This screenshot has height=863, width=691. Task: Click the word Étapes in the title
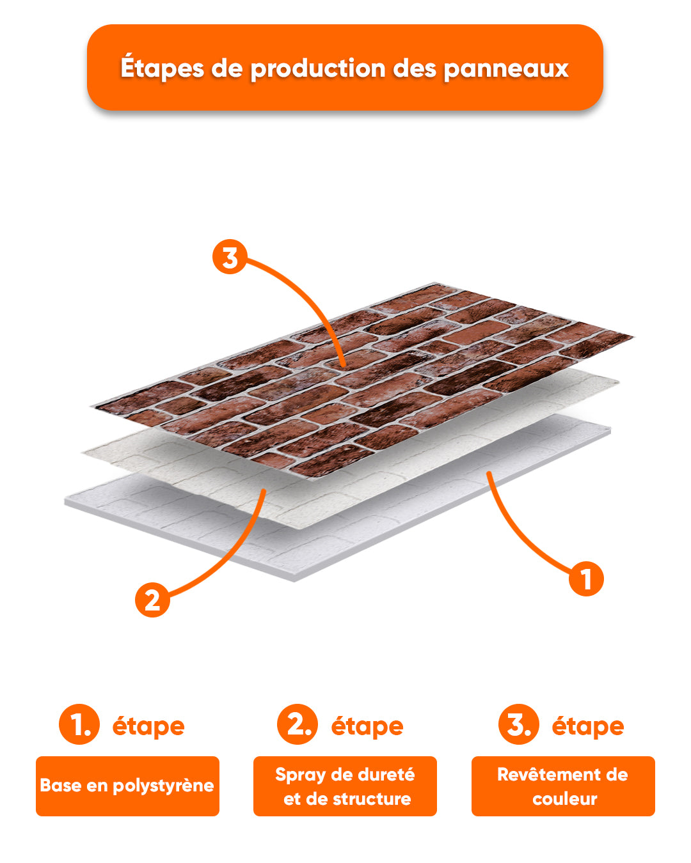[x=162, y=68]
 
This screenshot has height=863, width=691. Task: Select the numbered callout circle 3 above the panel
[x=230, y=256]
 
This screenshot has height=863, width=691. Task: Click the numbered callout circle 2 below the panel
[x=152, y=600]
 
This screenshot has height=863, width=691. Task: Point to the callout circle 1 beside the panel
[x=586, y=579]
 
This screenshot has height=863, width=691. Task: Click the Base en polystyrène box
[x=128, y=786]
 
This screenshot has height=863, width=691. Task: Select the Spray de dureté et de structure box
[x=345, y=786]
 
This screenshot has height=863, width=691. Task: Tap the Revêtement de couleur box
[x=563, y=786]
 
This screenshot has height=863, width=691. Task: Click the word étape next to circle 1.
[x=148, y=727]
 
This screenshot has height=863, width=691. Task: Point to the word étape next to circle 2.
[x=367, y=727]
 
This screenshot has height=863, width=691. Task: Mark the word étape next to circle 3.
[x=588, y=727]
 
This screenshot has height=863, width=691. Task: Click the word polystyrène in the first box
[x=163, y=786]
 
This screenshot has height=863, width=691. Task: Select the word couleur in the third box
[x=564, y=799]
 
